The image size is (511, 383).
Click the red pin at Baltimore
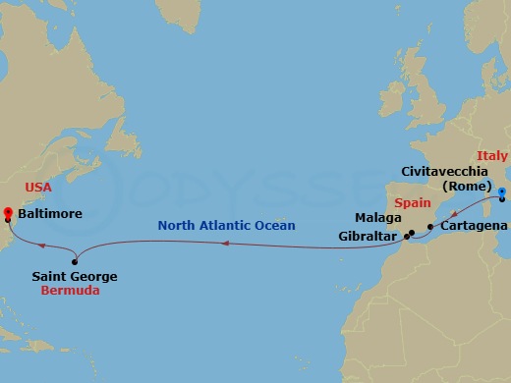click(8, 209)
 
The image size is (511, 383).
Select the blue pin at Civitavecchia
click(500, 192)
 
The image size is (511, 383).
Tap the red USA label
click(37, 186)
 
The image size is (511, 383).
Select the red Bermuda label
click(70, 292)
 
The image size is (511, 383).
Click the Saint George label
click(75, 277)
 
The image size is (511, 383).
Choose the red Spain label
click(413, 198)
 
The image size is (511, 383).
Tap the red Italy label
click(491, 156)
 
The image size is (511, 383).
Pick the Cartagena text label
click(474, 227)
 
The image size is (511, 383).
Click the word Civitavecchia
click(436, 171)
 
